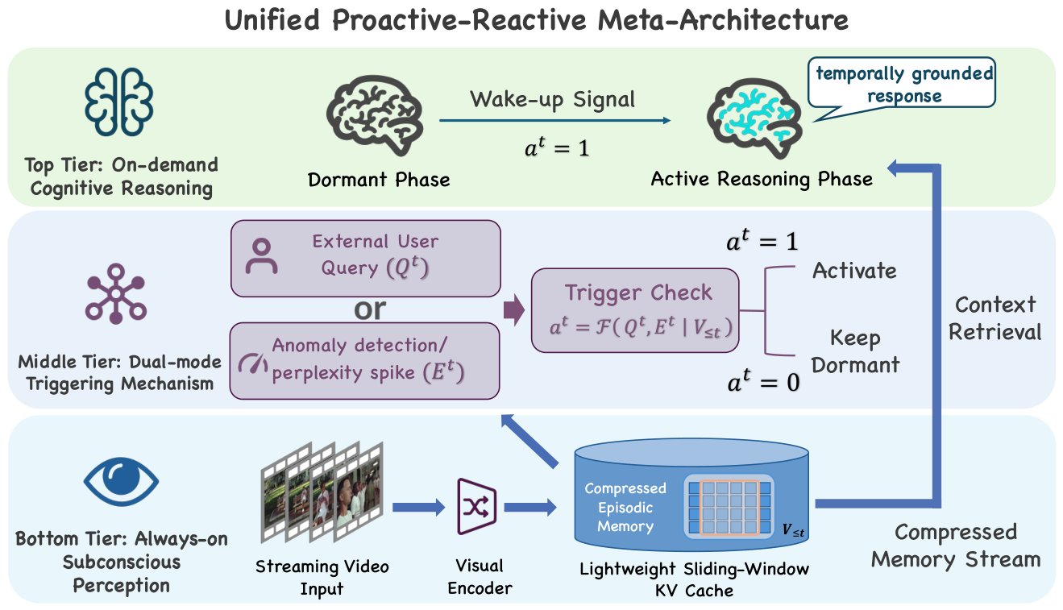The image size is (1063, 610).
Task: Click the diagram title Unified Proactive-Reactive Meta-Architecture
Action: pyautogui.click(x=536, y=20)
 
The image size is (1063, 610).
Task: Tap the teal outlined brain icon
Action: pyautogui.click(x=118, y=102)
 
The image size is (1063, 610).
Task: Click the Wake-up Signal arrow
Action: pyautogui.click(x=554, y=121)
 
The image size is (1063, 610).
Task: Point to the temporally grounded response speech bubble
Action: pyautogui.click(x=902, y=85)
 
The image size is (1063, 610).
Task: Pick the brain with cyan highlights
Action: pyautogui.click(x=754, y=118)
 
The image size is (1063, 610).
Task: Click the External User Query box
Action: pyautogui.click(x=365, y=259)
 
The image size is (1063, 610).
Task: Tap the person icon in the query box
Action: pyautogui.click(x=261, y=256)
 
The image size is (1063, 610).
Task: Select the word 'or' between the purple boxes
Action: pyautogui.click(x=370, y=309)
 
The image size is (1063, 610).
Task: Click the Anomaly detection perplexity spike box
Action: pyautogui.click(x=364, y=360)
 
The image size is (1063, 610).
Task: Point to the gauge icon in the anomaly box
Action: pyautogui.click(x=253, y=363)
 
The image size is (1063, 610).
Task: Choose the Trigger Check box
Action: pyautogui.click(x=635, y=310)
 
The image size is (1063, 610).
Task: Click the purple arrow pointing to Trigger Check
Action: pyautogui.click(x=514, y=309)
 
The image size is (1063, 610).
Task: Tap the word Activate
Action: pyautogui.click(x=854, y=271)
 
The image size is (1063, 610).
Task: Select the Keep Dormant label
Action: pyautogui.click(x=855, y=351)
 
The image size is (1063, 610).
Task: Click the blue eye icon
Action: pyautogui.click(x=121, y=481)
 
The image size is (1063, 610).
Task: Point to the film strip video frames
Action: pyautogui.click(x=322, y=492)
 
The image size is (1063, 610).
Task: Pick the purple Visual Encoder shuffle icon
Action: pyautogui.click(x=476, y=507)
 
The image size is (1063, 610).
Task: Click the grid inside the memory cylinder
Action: pyautogui.click(x=729, y=507)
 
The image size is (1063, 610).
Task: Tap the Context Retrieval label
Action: pyautogui.click(x=994, y=318)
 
